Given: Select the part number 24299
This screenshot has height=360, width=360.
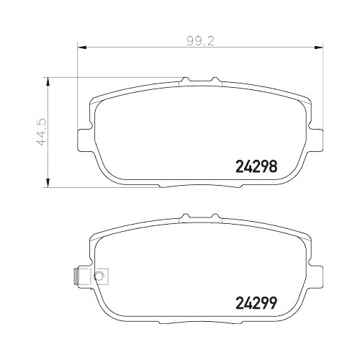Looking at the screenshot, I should (x=257, y=302).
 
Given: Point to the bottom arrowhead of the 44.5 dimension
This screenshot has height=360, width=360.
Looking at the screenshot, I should (x=48, y=184).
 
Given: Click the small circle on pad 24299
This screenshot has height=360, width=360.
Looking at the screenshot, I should (x=100, y=275).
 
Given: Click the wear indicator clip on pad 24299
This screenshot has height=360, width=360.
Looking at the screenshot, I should (x=76, y=276).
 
